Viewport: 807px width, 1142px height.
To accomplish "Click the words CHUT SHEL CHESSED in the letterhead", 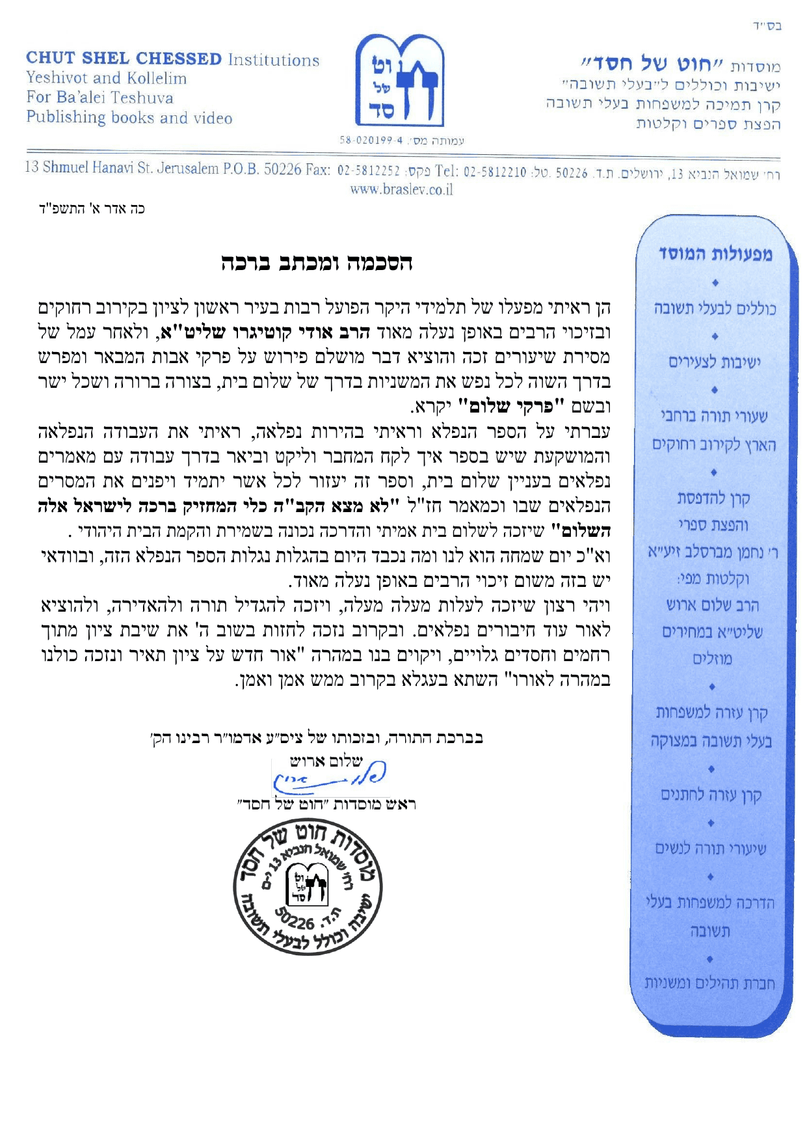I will tap(124, 59).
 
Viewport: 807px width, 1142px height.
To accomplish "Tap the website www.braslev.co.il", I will tap(401, 189).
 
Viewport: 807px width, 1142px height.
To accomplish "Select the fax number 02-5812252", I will tap(368, 171).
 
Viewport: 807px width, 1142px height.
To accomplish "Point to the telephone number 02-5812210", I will tap(494, 172).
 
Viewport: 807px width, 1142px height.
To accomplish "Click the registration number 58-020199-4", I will tap(371, 140).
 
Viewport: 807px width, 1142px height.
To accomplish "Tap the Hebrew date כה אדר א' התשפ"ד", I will tap(92, 209).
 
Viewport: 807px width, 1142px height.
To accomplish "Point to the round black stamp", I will tap(308, 891).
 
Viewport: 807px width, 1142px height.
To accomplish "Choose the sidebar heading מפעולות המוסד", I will tap(715, 254).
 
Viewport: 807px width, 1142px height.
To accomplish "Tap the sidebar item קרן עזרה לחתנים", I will tap(711, 795).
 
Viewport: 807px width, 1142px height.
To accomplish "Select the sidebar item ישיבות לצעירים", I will tap(714, 362).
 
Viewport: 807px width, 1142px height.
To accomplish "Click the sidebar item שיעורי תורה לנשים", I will tap(711, 849).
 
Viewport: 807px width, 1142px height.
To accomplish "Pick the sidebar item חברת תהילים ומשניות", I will tap(709, 983).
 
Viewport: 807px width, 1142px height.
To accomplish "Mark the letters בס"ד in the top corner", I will tap(767, 27).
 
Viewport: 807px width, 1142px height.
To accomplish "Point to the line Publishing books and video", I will tap(129, 118).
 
